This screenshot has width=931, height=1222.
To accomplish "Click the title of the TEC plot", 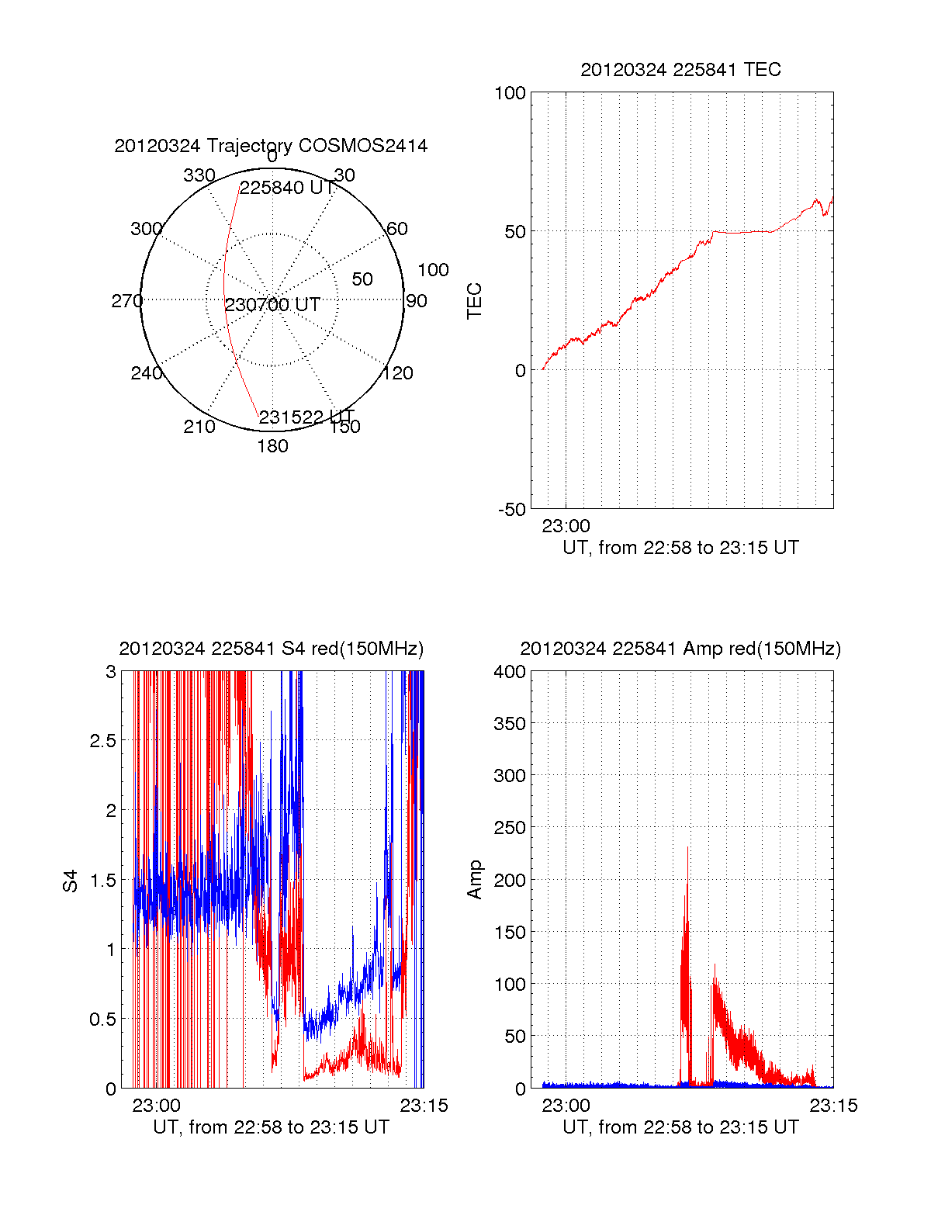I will [x=680, y=70].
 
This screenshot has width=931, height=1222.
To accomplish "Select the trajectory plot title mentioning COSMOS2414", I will [x=271, y=146].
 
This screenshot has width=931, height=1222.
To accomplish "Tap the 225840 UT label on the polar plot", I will [x=286, y=189].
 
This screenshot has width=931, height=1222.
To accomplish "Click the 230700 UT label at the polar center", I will [x=272, y=305].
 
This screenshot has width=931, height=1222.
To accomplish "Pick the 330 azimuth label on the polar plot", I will [x=199, y=175].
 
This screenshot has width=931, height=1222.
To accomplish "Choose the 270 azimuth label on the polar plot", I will [x=126, y=301].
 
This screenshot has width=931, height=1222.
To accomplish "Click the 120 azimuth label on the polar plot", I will [x=398, y=373].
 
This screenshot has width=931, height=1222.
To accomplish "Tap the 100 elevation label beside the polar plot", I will [x=433, y=270].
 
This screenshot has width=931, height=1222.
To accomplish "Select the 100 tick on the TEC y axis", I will [x=510, y=94].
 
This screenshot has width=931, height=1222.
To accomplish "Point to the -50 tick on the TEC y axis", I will [x=511, y=510].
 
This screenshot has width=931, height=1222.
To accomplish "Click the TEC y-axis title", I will [x=474, y=301].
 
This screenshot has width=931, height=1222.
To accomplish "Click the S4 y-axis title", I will [x=71, y=881].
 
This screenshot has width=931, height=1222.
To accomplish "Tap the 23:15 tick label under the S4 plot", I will [x=424, y=1106].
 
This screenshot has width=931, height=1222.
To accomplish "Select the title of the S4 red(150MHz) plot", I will [x=271, y=649].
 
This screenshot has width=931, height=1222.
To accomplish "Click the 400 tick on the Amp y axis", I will [x=510, y=672].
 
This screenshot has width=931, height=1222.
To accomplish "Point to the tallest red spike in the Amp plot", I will [x=687, y=847].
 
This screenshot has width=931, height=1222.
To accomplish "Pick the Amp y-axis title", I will [x=474, y=880].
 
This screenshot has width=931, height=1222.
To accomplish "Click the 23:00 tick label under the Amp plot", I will [x=566, y=1106].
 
